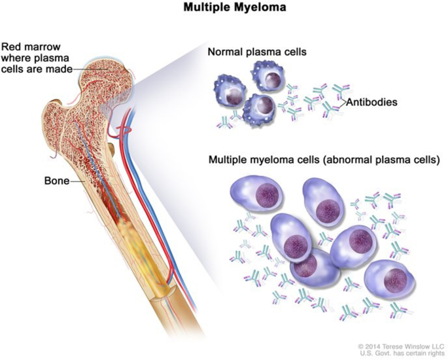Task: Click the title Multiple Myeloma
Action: [x=224, y=10]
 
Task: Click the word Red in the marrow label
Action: [x=13, y=47]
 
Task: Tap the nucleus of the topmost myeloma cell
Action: [x=325, y=209]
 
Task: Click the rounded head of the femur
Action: [x=105, y=75]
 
